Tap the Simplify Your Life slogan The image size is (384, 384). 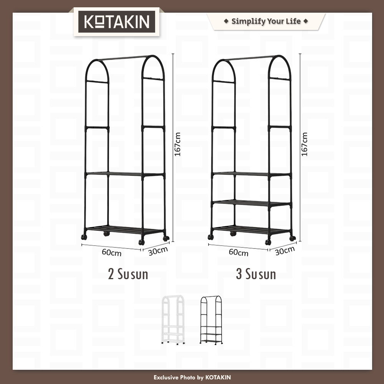click(x=266, y=21)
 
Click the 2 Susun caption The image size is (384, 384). click(x=128, y=274)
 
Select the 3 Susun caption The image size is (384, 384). click(x=256, y=274)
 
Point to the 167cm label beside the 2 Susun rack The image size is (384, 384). click(x=177, y=144)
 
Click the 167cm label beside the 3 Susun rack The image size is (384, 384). click(x=305, y=144)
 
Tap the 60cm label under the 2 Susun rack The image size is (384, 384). click(x=112, y=252)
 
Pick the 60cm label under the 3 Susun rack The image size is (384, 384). click(x=238, y=252)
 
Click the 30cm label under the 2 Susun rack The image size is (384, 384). click(x=158, y=251)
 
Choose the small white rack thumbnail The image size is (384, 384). click(x=174, y=320)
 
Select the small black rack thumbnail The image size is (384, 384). click(x=211, y=320)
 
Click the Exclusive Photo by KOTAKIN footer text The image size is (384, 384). click(x=192, y=377)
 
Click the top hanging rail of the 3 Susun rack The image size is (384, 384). click(x=250, y=58)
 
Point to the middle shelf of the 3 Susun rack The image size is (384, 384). click(x=252, y=202)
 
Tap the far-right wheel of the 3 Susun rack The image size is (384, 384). click(x=292, y=238)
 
